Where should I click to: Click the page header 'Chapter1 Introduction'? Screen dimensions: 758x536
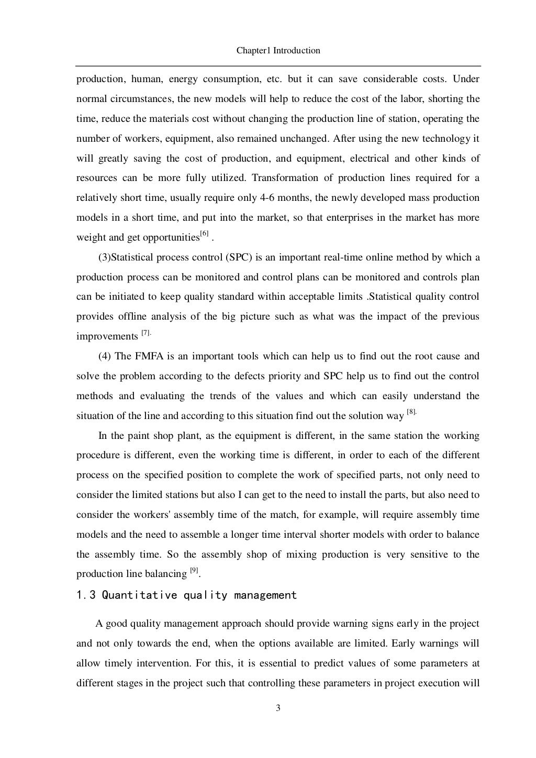click(278, 51)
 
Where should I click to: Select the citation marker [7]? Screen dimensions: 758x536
click(146, 333)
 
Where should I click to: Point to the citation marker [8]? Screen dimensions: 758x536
click(411, 413)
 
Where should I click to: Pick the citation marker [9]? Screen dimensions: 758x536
click(194, 571)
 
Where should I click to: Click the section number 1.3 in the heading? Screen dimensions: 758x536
click(86, 595)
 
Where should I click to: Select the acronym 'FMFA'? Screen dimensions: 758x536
click(148, 356)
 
